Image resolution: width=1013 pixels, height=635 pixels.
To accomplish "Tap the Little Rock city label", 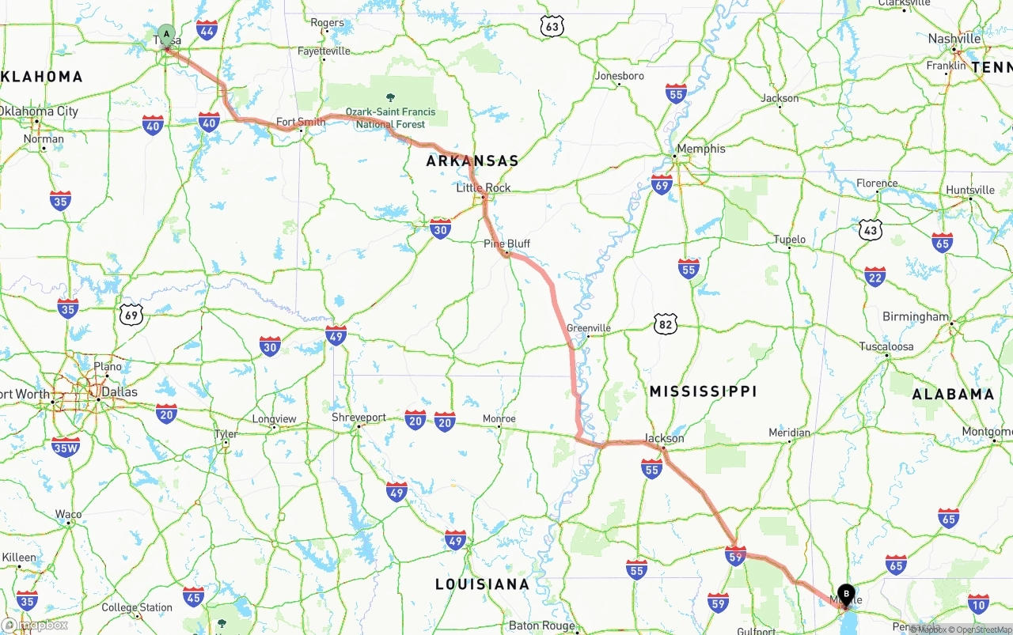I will coord(483,188).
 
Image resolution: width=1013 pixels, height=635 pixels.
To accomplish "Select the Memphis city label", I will coord(700,149).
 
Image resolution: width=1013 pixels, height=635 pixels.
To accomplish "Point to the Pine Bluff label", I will coord(506,244).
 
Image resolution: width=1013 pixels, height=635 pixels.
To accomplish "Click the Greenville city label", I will coord(589,328).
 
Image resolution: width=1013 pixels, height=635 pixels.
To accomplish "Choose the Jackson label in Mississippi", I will coord(665,438).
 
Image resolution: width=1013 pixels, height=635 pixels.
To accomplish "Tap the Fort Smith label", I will coord(300,122).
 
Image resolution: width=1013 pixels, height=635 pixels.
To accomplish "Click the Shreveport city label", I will coord(359,418).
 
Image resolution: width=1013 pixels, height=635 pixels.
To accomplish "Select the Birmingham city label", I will coord(915,317).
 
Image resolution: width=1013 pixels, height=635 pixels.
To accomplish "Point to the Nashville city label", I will coord(954,39).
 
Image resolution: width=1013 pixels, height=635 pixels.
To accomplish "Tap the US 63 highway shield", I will coord(552,27).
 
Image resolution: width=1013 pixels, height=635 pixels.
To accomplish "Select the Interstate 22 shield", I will coord(875,277).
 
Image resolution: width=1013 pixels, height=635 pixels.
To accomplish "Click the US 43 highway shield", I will coord(871,230).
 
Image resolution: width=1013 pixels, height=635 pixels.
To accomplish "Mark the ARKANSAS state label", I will coord(472,161).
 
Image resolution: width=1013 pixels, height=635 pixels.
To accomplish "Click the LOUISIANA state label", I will coord(482,584).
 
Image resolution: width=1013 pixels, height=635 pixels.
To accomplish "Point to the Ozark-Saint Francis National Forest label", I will coord(390,118).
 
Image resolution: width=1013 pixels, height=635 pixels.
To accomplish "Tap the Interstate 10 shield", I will coord(978,604).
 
